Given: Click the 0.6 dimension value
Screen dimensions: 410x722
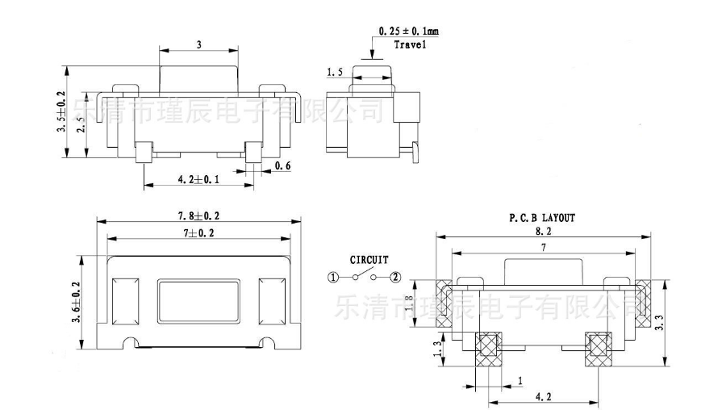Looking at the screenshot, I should click(x=283, y=165).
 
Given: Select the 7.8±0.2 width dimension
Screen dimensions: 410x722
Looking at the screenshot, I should click(x=198, y=216).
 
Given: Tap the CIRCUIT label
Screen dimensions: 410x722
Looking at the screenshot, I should click(x=368, y=260).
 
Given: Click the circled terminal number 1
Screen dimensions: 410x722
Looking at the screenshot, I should click(x=333, y=278).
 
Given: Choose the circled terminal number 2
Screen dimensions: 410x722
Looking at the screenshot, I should click(x=395, y=278).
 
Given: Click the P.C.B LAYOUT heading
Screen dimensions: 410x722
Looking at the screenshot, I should click(x=542, y=217).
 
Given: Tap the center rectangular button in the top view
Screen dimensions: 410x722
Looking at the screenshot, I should click(x=198, y=301).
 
